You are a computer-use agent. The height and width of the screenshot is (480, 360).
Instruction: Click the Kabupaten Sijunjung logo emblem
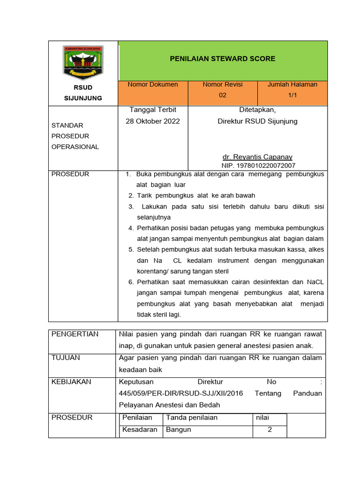click(82, 63)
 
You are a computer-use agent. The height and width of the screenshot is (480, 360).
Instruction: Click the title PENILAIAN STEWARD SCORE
click(222, 59)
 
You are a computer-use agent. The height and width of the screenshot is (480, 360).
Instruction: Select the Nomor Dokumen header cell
click(153, 85)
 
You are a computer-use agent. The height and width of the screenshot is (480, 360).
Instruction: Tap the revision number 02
click(222, 95)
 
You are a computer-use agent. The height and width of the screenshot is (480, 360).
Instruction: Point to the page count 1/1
click(292, 95)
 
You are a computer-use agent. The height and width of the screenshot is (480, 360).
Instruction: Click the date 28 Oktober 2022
click(153, 121)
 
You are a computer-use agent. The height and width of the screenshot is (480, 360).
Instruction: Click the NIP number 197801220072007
click(258, 165)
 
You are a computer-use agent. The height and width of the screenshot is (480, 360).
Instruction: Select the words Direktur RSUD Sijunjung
click(257, 121)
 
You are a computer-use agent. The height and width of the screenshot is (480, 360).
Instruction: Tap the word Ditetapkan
click(257, 110)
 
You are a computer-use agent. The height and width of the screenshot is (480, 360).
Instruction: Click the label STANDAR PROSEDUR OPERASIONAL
click(75, 136)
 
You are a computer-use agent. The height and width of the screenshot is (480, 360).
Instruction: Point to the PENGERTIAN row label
click(75, 334)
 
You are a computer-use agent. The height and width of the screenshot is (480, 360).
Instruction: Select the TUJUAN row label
click(66, 358)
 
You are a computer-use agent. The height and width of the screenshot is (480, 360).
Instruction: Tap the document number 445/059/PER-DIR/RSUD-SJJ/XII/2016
click(181, 393)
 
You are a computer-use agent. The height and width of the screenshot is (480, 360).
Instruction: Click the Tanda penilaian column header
click(192, 418)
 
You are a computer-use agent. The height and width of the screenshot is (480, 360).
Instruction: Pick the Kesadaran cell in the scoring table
click(140, 430)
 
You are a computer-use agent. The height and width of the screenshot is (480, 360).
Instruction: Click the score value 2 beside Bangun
click(270, 430)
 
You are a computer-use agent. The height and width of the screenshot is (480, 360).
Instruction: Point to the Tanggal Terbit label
click(153, 110)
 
